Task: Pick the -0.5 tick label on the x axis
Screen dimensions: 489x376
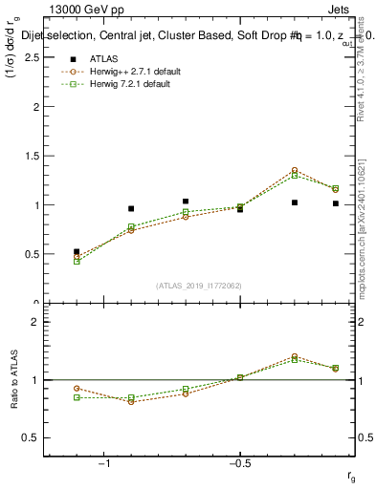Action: [238, 463]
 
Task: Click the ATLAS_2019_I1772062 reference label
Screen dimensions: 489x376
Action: [199, 286]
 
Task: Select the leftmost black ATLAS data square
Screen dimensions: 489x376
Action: [77, 252]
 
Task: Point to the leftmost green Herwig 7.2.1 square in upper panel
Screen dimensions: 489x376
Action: [77, 261]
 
